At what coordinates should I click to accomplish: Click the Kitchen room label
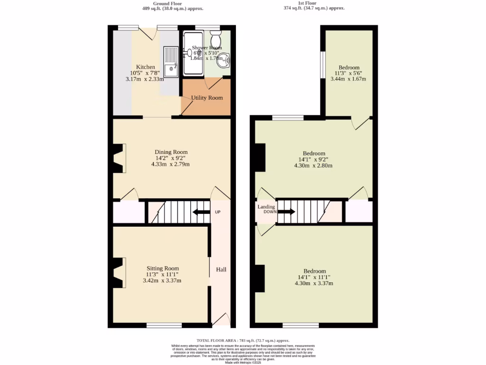coord(145,67)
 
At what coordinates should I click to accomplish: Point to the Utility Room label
coord(207,98)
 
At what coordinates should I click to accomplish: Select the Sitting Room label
coord(162,269)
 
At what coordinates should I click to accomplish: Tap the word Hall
coord(221,269)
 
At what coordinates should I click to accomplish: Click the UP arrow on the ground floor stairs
coord(201,212)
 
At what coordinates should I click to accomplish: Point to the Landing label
coord(266,207)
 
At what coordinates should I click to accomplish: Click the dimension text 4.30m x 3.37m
coord(314,283)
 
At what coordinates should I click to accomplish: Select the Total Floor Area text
coord(243,341)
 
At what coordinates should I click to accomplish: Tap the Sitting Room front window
coord(164,326)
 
